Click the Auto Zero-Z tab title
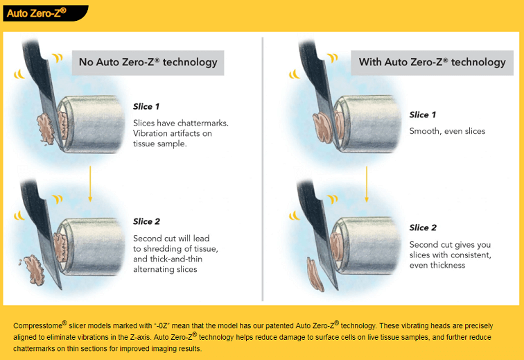click(36, 12)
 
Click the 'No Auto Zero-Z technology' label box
click(148, 62)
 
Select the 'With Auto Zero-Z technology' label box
click(432, 62)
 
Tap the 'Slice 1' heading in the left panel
click(146, 107)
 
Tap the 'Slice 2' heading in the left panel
click(146, 222)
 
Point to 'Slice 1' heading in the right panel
click(423, 115)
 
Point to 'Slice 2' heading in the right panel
click(423, 228)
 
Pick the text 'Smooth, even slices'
click(447, 131)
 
